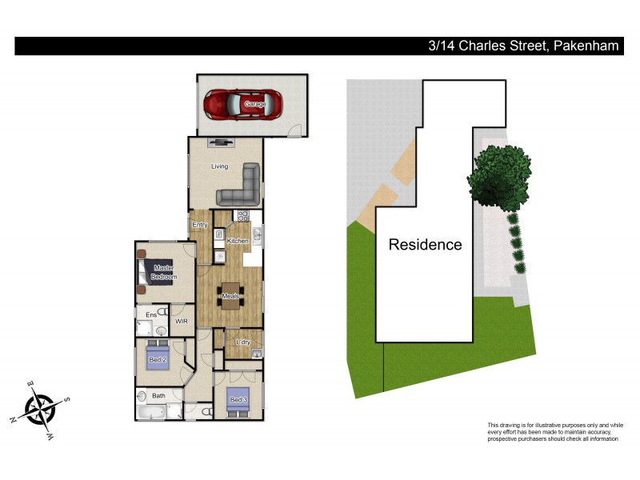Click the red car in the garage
242,104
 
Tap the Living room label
219,166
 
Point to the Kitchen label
238,241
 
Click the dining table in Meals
230,296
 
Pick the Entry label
200,225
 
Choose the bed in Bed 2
158,359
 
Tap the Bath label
158,395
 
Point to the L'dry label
243,342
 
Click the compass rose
40,409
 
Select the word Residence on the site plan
425,245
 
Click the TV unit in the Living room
220,142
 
